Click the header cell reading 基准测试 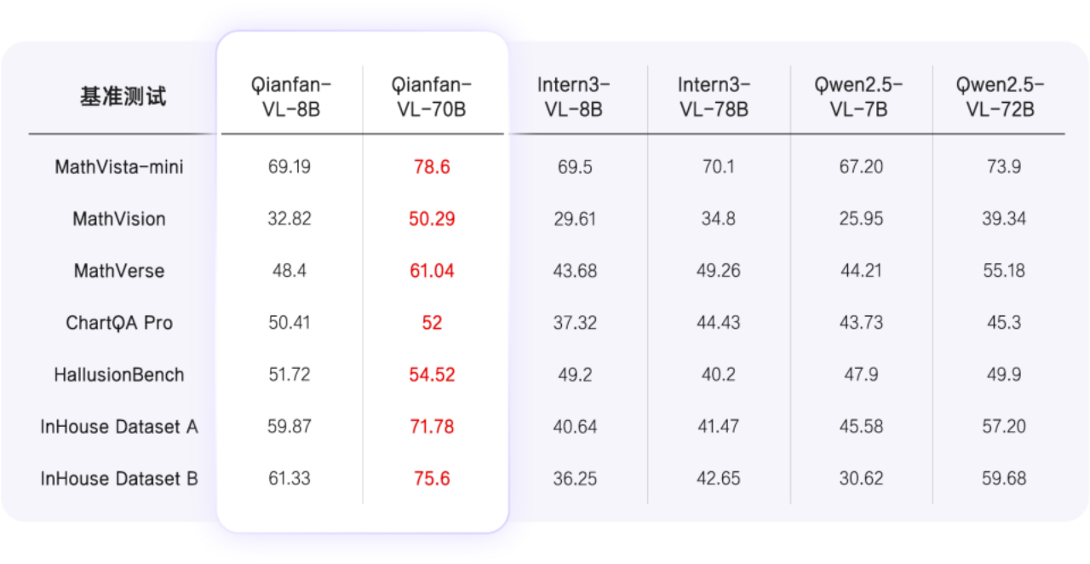click(123, 97)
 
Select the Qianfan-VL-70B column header click(432, 97)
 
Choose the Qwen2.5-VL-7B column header click(860, 97)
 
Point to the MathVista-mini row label click(119, 167)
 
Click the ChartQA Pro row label click(119, 323)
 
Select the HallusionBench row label click(119, 375)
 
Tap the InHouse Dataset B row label click(119, 479)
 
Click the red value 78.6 click(432, 167)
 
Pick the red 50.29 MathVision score click(432, 219)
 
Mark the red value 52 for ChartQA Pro click(432, 323)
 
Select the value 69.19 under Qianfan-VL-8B click(290, 167)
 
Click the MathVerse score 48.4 click(290, 271)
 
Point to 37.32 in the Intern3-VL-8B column click(575, 323)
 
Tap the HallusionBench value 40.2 click(718, 375)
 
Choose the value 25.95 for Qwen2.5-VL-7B click(861, 219)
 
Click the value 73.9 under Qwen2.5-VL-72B click(1004, 167)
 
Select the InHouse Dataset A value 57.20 click(1004, 427)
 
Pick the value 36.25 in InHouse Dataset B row click(575, 479)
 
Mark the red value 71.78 click(432, 427)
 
